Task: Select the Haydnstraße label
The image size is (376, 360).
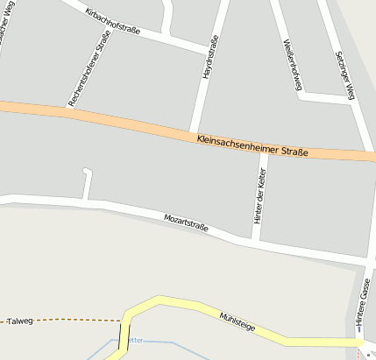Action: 209,60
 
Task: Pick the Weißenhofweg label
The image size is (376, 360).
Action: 293,65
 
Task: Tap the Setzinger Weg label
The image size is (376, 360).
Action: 344,74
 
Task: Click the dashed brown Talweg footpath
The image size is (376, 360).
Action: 79,321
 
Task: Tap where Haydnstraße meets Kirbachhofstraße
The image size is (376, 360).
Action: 213,46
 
